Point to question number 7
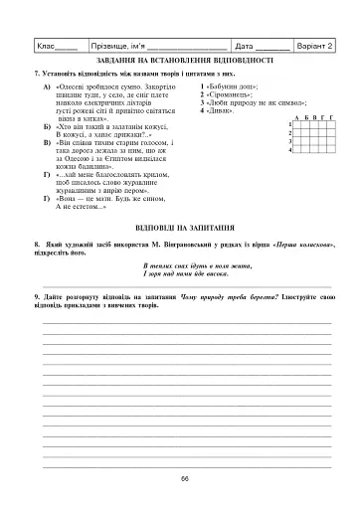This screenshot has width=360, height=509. (x=37, y=75)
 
